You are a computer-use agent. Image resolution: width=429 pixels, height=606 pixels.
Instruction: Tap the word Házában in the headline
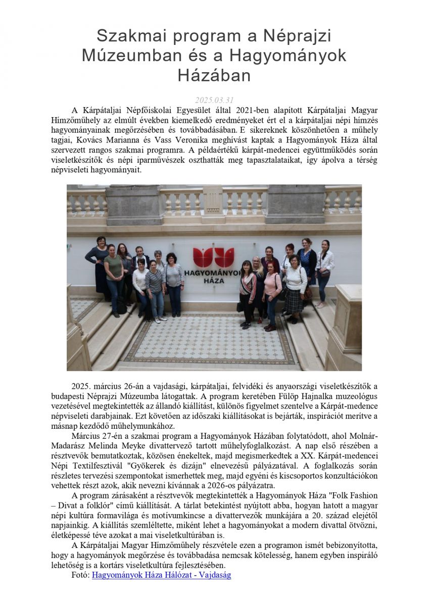coord(214,75)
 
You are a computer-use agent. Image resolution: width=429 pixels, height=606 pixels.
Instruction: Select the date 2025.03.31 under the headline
coord(214,100)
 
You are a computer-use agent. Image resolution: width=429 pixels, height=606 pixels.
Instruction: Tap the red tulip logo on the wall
coord(214,257)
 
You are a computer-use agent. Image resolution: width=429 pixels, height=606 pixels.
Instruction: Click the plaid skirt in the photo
coord(294,302)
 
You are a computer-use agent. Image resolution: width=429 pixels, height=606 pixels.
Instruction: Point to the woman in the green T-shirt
coord(114,268)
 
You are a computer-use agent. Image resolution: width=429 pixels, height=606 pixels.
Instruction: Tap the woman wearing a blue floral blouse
coord(307,260)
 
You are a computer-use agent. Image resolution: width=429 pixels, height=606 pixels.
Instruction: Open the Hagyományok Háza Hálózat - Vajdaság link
coord(162,575)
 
